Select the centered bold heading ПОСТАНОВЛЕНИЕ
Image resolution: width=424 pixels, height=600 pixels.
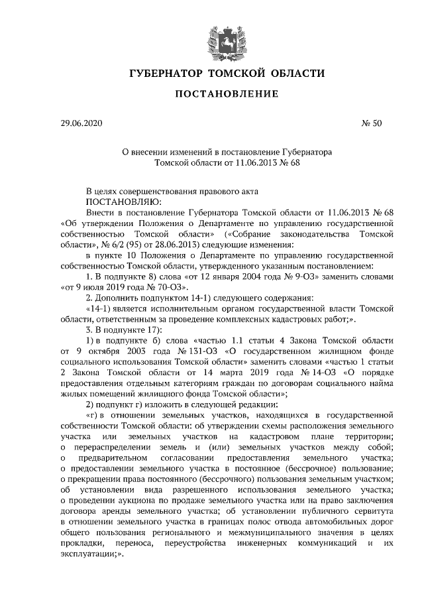pyautogui.click(x=226, y=95)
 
